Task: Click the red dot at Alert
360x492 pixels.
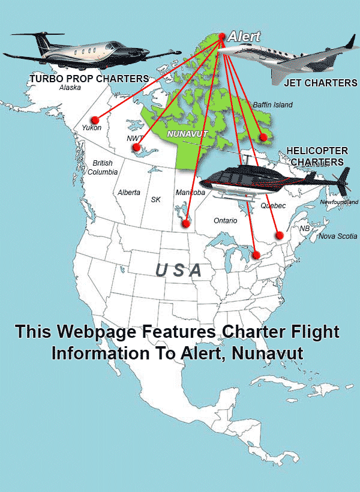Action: pos(222,37)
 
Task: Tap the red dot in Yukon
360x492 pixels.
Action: pos(94,119)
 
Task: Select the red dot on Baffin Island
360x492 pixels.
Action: pos(262,137)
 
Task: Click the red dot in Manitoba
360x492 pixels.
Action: pos(186,223)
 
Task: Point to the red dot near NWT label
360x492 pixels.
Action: pos(137,147)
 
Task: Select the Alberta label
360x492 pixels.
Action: pos(129,193)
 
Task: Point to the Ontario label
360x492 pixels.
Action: pos(226,221)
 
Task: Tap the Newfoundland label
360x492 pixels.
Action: pos(339,202)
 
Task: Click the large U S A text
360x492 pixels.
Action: pos(178,271)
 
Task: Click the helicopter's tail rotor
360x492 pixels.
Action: pos(344,179)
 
